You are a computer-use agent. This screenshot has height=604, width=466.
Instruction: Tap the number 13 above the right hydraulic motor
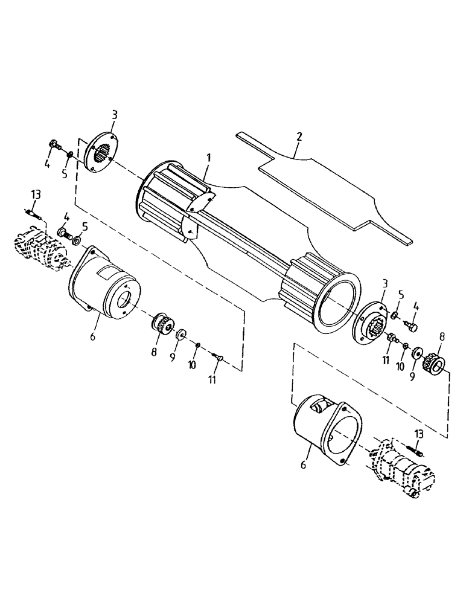coord(419,434)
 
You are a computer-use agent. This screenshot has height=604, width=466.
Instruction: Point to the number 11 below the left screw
coord(212,379)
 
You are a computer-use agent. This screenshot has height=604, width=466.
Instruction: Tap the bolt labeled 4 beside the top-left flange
coord(54,146)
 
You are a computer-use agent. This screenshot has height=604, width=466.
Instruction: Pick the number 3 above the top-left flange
coord(115,114)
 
